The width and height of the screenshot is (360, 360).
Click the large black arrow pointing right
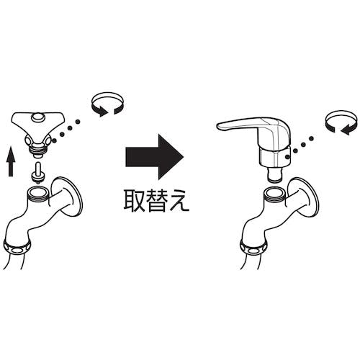pyautogui.click(x=155, y=157)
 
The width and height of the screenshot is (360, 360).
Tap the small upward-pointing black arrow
pyautogui.click(x=11, y=162)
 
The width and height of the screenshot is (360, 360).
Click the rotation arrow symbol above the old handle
pyautogui.click(x=107, y=104)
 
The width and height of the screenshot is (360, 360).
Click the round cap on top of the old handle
pyautogui.click(x=38, y=117)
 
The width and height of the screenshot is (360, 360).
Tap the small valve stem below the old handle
pyautogui.click(x=38, y=173)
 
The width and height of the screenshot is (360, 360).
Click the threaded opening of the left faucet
pyautogui.click(x=38, y=192)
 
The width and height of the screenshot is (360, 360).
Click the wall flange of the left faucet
pyautogui.click(x=67, y=197)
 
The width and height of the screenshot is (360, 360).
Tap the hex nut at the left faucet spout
pyautogui.click(x=17, y=247)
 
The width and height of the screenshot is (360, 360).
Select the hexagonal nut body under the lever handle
pyautogui.click(x=275, y=156)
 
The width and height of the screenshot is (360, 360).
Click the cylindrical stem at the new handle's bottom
pyautogui.click(x=275, y=175)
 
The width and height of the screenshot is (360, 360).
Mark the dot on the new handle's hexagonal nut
pyautogui.click(x=286, y=157)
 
